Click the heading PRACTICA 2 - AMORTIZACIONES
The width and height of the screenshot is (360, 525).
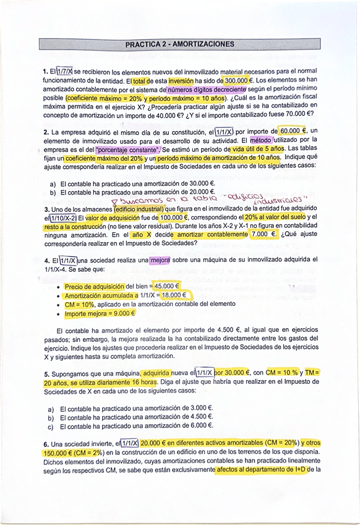tap(179, 45)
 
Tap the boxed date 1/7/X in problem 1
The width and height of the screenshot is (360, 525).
tap(64, 72)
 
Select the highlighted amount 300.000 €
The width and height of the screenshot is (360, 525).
tap(237, 80)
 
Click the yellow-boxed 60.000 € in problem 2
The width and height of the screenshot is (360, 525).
tap(293, 131)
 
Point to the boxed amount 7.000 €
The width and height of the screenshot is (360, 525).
tap(265, 235)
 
